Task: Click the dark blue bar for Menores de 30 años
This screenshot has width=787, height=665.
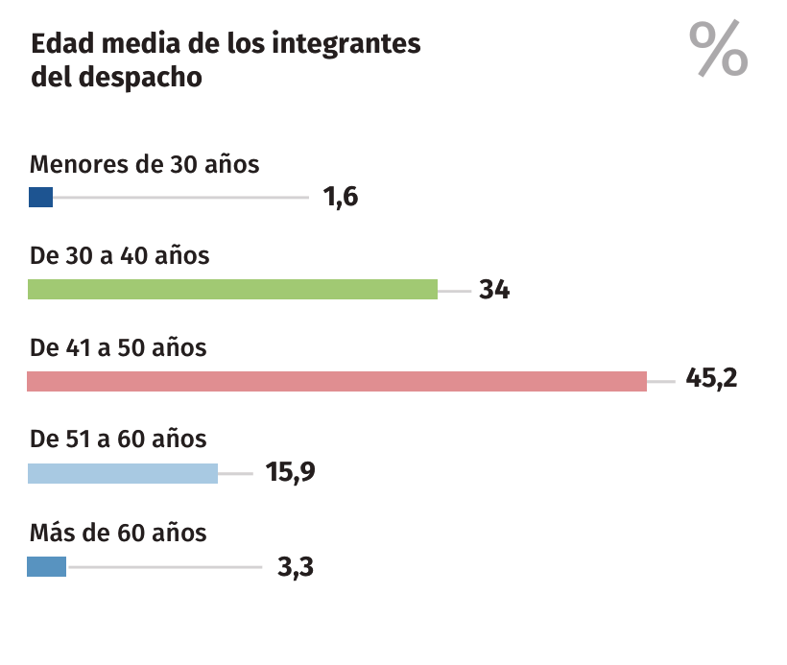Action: (x=40, y=198)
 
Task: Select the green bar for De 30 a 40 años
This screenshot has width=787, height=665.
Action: (x=232, y=289)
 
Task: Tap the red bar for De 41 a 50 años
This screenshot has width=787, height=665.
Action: (x=337, y=381)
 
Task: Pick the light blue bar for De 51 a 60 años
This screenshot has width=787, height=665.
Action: (x=123, y=473)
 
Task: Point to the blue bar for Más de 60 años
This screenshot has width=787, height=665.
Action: (x=46, y=566)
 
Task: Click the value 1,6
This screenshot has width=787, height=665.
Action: (x=341, y=198)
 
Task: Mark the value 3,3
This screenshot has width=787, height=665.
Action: (x=296, y=566)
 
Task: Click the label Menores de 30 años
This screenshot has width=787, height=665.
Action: (x=145, y=164)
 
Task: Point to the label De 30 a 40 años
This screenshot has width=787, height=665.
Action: (x=120, y=255)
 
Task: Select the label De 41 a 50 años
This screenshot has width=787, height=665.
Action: (x=118, y=347)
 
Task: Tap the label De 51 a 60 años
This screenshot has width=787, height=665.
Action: (x=118, y=439)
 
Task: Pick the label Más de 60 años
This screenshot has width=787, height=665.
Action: (x=118, y=532)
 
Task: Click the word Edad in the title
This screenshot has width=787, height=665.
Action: (x=59, y=45)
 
